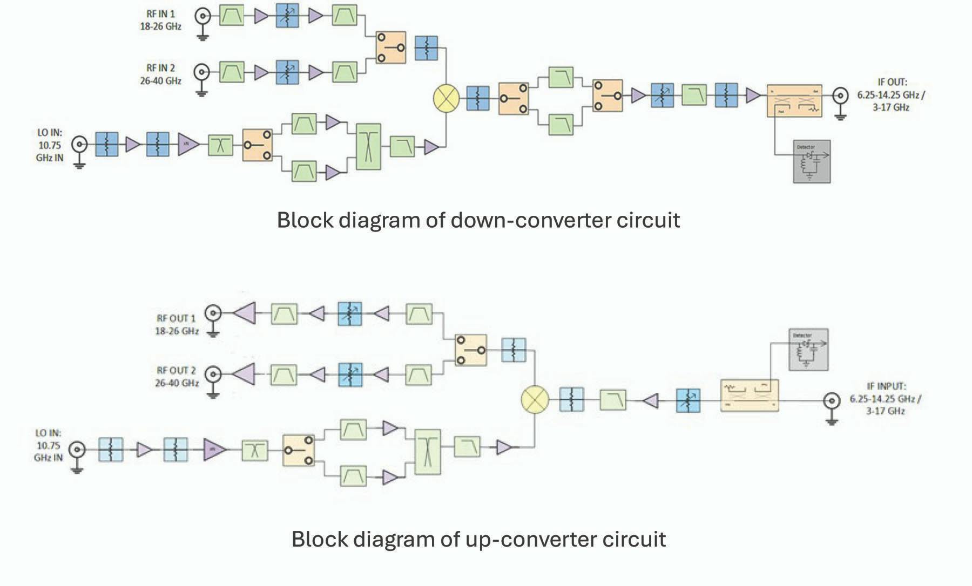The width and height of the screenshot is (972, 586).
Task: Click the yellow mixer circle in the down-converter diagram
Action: pos(446,98)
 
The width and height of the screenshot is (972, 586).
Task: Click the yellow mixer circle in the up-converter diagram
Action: pos(535,400)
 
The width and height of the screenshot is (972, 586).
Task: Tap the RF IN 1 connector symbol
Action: pos(203,16)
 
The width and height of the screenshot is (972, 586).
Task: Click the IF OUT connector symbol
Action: pos(840,97)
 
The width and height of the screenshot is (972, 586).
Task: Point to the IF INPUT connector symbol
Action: pos(831,401)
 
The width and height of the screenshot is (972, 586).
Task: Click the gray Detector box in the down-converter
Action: pos(812,161)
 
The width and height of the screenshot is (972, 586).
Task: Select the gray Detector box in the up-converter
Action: pos(808,350)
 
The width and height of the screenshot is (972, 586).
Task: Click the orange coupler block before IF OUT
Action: pos(794,100)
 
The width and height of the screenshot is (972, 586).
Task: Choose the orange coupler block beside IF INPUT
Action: pos(750,396)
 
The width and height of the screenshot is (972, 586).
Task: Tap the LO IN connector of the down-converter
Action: pos(80,144)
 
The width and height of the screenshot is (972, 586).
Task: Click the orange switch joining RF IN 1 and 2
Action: pos(390,47)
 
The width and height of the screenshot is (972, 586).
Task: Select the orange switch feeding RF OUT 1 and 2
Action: pos(470,350)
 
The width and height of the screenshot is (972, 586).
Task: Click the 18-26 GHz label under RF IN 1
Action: pos(160,26)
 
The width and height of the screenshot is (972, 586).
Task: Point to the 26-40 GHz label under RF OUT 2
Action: pos(177,383)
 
